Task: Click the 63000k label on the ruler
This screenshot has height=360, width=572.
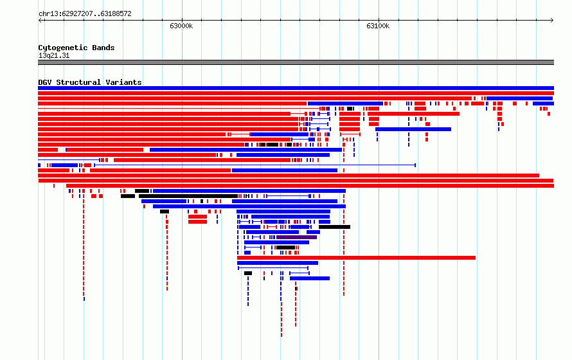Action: pos(181,26)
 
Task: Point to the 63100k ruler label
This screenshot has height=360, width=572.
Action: pos(378,26)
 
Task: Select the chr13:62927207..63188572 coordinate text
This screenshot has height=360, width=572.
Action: pos(85,14)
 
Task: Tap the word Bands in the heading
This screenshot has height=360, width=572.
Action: pos(103,48)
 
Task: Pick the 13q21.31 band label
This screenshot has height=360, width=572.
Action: pos(54,55)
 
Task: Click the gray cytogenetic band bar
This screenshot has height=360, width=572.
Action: pos(296,62)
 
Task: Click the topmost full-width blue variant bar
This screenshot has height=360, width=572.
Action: pos(296,88)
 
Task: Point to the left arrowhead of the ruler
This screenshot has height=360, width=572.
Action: pos(39,21)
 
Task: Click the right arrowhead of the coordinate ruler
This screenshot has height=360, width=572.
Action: pos(552,21)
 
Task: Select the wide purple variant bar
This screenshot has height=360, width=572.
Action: pos(296,237)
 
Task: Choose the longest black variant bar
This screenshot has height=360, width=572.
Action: pos(188,196)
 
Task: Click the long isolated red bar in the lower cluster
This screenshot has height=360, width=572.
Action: pos(357,258)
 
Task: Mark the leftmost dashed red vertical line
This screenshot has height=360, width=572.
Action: pos(84,245)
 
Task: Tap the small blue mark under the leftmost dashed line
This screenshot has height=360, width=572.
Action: pos(84,299)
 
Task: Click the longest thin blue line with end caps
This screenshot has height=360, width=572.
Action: pos(255,165)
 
